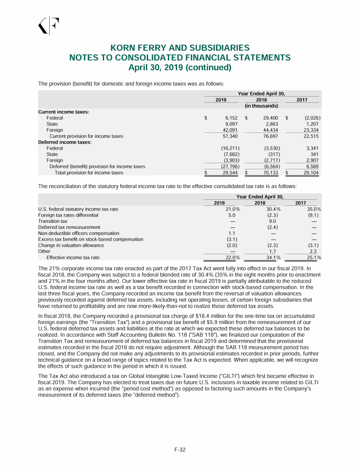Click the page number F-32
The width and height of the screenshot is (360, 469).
[180, 450]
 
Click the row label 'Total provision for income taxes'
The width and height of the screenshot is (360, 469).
[89, 173]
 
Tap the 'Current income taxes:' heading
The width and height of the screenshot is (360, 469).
[57, 112]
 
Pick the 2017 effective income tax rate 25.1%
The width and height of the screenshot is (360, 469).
[313, 257]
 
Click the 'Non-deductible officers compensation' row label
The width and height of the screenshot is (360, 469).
[78, 233]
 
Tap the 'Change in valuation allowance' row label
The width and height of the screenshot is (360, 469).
[71, 245]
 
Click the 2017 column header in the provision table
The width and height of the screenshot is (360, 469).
[302, 100]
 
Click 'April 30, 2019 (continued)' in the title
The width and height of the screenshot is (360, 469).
[180, 68]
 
